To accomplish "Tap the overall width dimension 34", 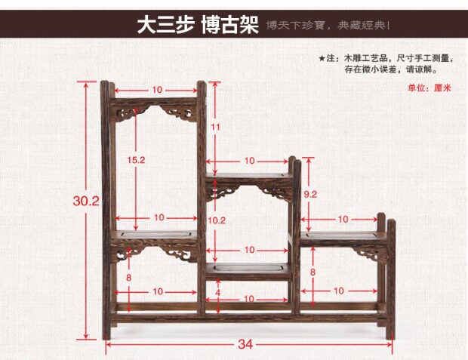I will pyautogui.click(x=245, y=344).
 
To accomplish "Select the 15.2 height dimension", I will pyautogui.click(x=136, y=161).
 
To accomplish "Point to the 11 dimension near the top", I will pyautogui.click(x=215, y=127).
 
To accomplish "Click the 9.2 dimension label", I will pyautogui.click(x=309, y=195).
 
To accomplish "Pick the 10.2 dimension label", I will pyautogui.click(x=217, y=220).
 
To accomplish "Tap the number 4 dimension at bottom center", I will pyautogui.click(x=217, y=291).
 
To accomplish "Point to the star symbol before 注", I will pyautogui.click(x=322, y=58).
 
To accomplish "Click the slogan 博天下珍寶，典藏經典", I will pyautogui.click(x=327, y=27).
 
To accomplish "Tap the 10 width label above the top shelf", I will pyautogui.click(x=156, y=90).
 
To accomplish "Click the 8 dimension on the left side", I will pyautogui.click(x=128, y=277).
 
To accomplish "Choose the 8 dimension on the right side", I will pyautogui.click(x=313, y=272).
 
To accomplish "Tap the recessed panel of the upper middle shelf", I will pyautogui.click(x=249, y=178).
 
